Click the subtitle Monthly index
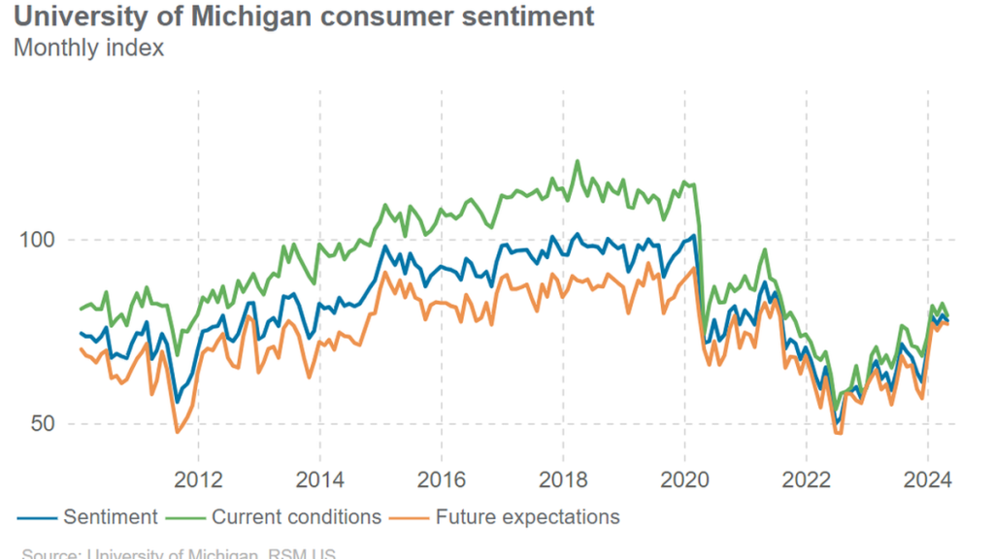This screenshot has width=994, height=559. [x=88, y=48]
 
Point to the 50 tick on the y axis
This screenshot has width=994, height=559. [x=35, y=424]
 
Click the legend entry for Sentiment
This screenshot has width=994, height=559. [x=110, y=517]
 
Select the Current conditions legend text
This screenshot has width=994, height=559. [x=296, y=517]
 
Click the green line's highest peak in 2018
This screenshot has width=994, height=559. [x=578, y=162]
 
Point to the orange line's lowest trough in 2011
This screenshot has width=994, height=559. [x=177, y=432]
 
